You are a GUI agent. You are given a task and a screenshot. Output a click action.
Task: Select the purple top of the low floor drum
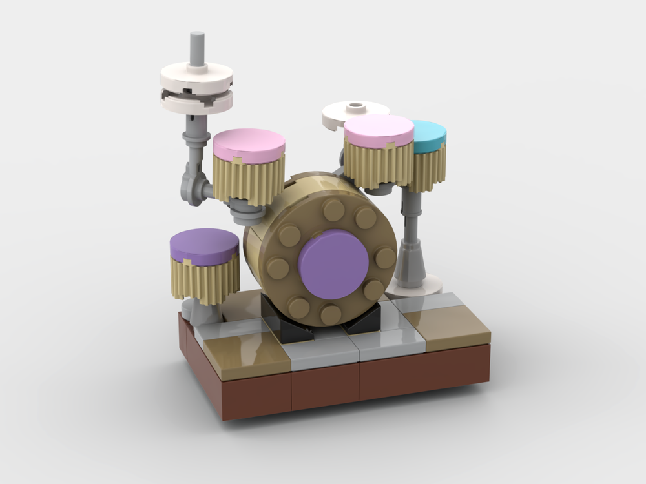pos(204,246)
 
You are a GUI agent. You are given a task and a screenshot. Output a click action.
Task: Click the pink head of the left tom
pos(249,144)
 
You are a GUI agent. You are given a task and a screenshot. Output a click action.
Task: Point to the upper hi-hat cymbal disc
pos(196,77)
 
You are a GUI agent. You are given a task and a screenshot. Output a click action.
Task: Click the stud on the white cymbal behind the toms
pos(355,105)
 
